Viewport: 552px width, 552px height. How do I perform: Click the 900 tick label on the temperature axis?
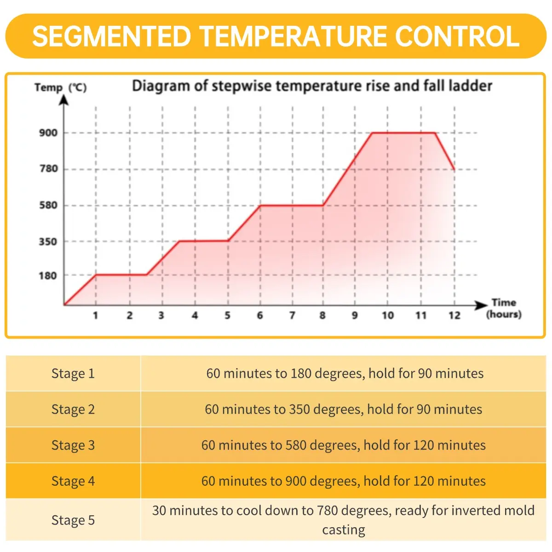tap(48, 133)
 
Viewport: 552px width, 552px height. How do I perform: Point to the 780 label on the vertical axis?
tap(48, 169)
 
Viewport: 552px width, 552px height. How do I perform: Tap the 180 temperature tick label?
tap(48, 276)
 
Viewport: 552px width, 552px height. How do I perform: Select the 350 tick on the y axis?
tap(48, 241)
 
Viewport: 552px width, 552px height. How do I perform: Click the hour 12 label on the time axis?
tap(454, 316)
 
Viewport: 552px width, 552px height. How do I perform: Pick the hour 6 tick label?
tap(260, 316)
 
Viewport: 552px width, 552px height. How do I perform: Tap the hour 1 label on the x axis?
tap(96, 316)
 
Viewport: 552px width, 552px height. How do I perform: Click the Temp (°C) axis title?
tap(60, 87)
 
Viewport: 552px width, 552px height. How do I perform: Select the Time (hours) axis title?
tap(504, 308)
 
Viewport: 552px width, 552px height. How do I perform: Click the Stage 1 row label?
tap(73, 374)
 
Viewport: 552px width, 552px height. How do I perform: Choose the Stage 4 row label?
tap(73, 481)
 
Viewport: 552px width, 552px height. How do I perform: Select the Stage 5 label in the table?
tap(73, 520)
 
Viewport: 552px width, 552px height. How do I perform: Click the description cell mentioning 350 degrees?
tap(343, 409)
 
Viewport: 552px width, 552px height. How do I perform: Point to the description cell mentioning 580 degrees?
tap(343, 445)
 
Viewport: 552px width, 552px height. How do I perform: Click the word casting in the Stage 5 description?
tap(343, 530)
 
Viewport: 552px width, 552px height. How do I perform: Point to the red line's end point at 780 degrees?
tap(454, 170)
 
